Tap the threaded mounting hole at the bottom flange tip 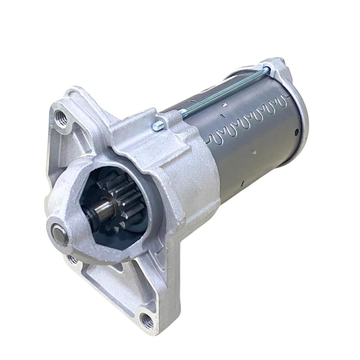tap(147, 320)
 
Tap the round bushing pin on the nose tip tap(60, 235)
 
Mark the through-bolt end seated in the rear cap tap(267, 69)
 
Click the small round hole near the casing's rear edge tap(296, 132)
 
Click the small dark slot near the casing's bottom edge tap(243, 183)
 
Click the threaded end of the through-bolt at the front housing tap(184, 111)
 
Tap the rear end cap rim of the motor tap(300, 112)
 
